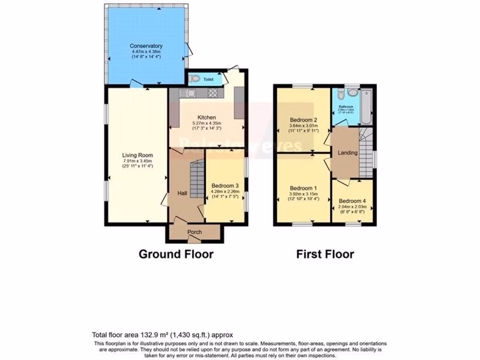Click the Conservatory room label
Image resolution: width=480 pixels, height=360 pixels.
click(146, 46)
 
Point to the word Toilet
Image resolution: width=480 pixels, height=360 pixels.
click(209, 80)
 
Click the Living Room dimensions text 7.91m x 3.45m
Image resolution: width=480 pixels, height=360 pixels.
click(138, 161)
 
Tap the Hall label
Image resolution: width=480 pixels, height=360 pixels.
click(182, 193)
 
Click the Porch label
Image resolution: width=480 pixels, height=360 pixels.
click(195, 232)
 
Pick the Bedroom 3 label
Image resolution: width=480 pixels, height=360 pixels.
click(225, 185)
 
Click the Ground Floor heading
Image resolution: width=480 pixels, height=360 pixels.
click(176, 254)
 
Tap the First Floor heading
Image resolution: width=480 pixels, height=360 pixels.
click(325, 254)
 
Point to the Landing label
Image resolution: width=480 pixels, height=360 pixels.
click(348, 153)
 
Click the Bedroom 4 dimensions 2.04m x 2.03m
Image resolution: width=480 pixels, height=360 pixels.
click(352, 207)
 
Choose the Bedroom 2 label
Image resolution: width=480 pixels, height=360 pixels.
click(304, 119)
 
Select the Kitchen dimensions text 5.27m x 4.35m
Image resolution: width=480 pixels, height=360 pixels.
click(206, 123)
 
